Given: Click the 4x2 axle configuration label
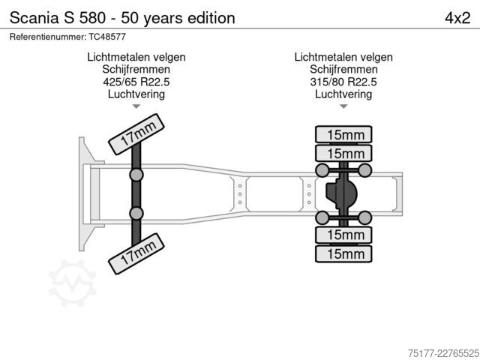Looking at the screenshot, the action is (457, 18).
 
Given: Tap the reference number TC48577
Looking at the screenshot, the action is (107, 37).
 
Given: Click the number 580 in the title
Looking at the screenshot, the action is (92, 18).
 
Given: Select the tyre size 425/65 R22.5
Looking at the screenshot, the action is (136, 82).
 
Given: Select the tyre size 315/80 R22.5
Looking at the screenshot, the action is (343, 82).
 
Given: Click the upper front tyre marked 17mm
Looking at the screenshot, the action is (136, 134).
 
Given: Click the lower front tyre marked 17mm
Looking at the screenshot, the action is (136, 253).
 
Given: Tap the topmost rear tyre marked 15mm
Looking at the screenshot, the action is (343, 134).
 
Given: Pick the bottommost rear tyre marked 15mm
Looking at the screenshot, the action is (343, 253).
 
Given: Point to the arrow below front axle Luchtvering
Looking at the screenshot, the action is (136, 106).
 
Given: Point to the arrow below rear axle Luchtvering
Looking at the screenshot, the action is (343, 106).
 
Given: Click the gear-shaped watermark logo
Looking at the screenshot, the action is (73, 283).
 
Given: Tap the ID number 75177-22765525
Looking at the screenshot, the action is (443, 353).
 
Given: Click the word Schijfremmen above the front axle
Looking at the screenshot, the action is (136, 70).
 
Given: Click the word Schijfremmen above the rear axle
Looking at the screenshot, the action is (343, 70).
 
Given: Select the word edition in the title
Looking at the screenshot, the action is (211, 18).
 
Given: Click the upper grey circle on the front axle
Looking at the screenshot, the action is (136, 175).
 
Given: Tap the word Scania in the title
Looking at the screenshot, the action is (34, 18).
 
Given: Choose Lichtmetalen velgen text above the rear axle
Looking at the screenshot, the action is (343, 57).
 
